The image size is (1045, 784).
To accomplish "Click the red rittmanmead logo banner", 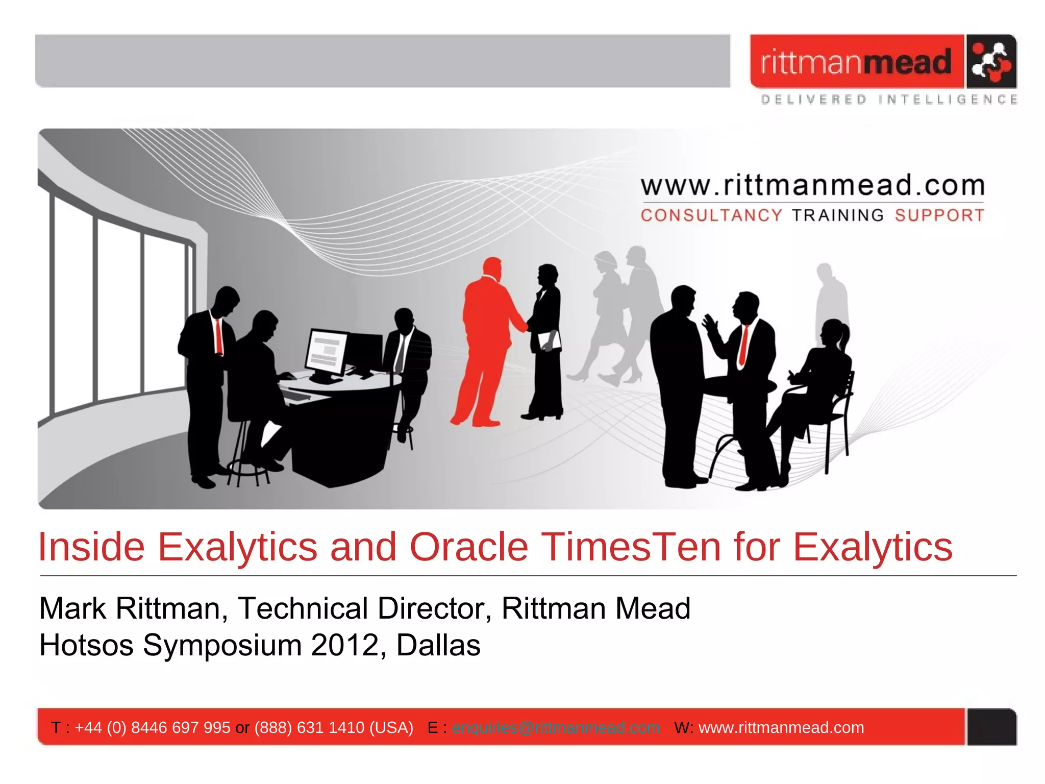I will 856,61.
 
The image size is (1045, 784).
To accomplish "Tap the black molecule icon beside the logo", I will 990,61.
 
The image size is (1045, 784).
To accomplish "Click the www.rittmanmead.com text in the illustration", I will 812,185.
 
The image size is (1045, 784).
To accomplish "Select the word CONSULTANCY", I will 711,215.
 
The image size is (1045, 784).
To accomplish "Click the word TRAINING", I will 838,215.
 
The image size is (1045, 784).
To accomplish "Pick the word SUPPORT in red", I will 939,215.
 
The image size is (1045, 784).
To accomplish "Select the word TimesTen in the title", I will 631,547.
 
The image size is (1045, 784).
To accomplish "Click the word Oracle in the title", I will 468,547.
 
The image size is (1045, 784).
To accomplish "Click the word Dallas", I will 438,645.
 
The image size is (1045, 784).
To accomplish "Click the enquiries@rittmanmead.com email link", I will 556,727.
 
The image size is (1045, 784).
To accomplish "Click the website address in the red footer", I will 781,727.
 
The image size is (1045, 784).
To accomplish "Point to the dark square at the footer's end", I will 991,727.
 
